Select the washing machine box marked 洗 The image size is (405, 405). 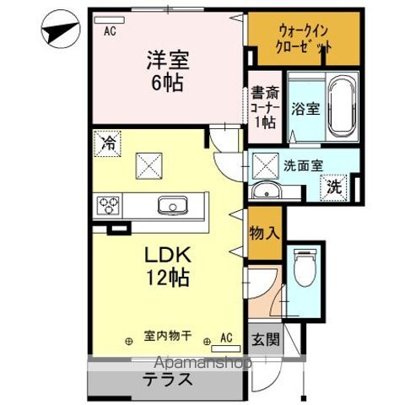click(335, 186)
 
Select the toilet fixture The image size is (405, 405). click(305, 268)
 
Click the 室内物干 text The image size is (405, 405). click(166, 337)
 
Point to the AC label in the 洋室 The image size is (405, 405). click(109, 32)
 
